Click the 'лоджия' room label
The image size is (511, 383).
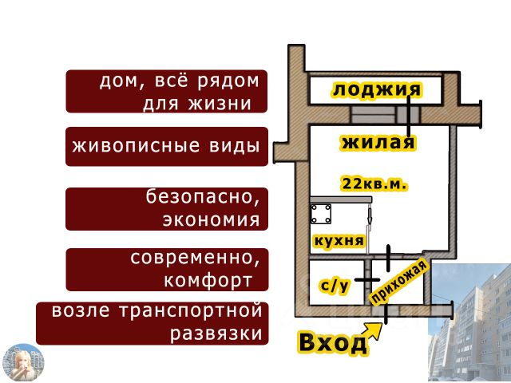point(375,89)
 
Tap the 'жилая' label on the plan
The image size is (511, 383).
point(378,143)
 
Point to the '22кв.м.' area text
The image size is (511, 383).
point(374,184)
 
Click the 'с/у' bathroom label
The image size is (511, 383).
point(335,286)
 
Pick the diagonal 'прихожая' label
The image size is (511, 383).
point(400,283)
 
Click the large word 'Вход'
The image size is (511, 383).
point(332,342)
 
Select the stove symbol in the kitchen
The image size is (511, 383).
point(326,215)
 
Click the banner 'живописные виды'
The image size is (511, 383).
point(166,147)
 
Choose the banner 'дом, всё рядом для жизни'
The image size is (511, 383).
point(166,92)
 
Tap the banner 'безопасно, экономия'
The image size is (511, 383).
point(166,208)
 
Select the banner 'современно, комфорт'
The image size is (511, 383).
point(166,270)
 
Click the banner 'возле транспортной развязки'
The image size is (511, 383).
point(153,322)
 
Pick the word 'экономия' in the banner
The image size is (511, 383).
point(211,219)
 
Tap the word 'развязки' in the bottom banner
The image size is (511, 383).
point(216,334)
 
